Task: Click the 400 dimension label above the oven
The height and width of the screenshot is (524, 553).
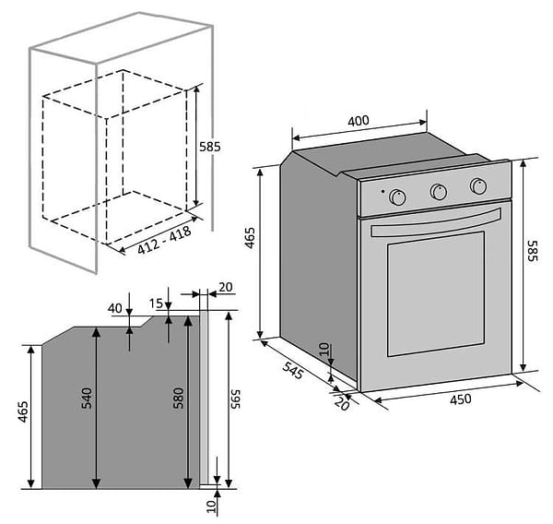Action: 359,121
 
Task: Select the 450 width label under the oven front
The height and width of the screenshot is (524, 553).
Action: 461,399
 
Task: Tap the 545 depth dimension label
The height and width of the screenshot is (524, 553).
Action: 292,369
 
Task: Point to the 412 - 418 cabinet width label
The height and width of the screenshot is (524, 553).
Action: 164,240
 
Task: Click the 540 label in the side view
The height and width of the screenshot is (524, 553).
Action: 87,399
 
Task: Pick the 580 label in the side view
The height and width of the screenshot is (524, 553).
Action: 179,399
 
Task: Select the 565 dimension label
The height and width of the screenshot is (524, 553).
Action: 235,399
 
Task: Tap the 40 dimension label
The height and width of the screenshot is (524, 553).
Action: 115,308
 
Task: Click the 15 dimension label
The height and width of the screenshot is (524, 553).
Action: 156,303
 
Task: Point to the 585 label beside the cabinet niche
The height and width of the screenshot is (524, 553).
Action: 210,147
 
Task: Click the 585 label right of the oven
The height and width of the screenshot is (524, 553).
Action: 532,251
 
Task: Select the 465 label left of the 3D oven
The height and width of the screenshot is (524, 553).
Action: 250,238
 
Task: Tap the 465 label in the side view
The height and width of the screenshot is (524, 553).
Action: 23,411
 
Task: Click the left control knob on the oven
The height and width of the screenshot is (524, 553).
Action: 397,197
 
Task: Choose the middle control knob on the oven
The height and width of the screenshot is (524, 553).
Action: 439,191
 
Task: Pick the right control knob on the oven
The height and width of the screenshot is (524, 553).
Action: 478,185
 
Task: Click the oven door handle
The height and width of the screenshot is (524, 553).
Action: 436,222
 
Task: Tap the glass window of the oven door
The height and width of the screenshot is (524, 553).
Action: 436,293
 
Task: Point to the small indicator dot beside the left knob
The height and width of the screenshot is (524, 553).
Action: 383,191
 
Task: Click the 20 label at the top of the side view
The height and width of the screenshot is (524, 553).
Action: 226,287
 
